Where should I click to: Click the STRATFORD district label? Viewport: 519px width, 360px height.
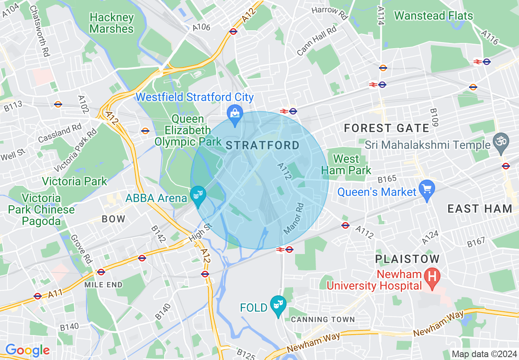(x=262, y=145)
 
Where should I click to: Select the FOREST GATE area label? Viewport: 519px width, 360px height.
(x=386, y=128)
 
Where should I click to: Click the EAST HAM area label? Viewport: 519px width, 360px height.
(x=480, y=209)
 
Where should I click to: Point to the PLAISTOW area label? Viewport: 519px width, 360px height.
(x=408, y=259)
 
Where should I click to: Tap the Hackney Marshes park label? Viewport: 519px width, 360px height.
(x=111, y=23)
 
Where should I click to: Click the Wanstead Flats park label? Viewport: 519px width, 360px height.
(x=433, y=16)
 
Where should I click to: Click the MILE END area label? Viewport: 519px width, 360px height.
(x=103, y=284)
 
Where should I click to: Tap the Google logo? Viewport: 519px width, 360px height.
(x=27, y=350)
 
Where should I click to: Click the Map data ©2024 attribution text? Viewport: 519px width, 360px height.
(x=483, y=354)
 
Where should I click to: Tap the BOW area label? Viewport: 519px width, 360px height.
(x=113, y=219)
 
